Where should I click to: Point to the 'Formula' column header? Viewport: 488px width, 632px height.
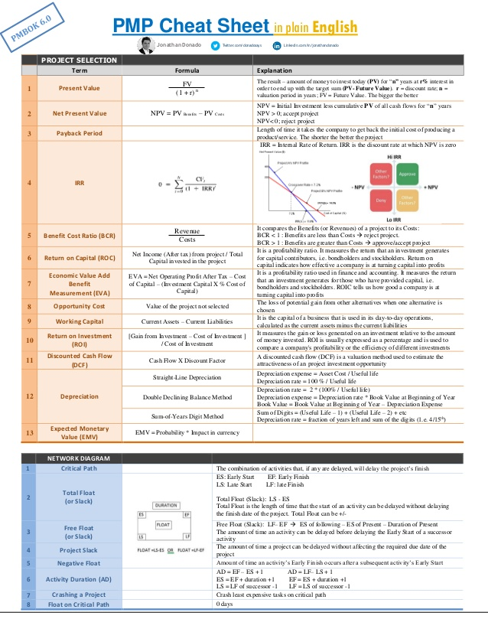coord(187,70)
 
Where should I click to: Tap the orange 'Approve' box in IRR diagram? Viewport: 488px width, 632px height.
coord(428,174)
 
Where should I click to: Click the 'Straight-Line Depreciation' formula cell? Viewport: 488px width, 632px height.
coord(187,377)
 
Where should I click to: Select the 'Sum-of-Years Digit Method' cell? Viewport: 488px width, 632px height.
coord(187,416)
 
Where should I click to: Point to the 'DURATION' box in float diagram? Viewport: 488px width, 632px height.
coord(167,506)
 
